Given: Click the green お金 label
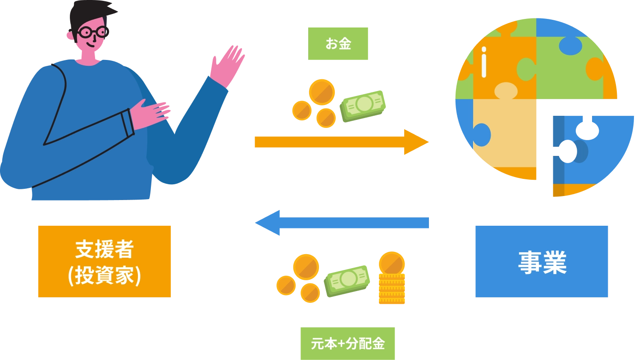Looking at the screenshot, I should click(338, 43).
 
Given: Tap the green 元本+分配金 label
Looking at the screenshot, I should click(347, 343).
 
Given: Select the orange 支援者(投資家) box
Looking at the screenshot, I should click(105, 261).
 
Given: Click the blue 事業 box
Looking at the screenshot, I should click(541, 261).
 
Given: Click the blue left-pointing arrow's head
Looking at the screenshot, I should click(268, 223).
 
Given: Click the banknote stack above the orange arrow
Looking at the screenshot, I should click(363, 105).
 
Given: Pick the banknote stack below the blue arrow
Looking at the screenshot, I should click(348, 279).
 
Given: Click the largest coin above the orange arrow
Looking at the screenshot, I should click(321, 91).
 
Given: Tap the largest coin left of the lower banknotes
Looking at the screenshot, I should click(306, 267).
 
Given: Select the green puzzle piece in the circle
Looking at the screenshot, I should click(572, 68).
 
